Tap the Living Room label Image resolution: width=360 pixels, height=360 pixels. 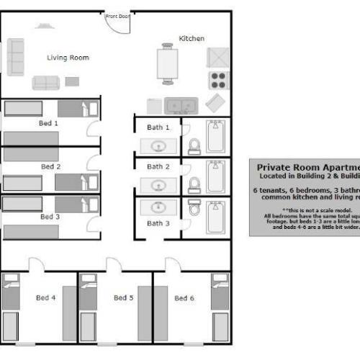coord(68,58)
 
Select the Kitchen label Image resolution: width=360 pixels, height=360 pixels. coord(192,38)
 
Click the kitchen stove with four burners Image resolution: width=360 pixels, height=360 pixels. coord(218,79)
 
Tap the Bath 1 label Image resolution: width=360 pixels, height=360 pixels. coord(158,127)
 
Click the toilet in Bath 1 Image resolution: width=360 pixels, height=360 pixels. coord(193,147)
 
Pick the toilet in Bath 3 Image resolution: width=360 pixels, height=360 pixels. coord(194,208)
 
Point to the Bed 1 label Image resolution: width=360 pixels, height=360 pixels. coord(48,123)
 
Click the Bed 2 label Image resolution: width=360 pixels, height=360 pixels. coord(50,166)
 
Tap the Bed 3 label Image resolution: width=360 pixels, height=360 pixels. coord(50,216)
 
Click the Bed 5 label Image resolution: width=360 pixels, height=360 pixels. coord(123,297)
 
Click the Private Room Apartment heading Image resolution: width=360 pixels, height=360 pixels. coord(307,166)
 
